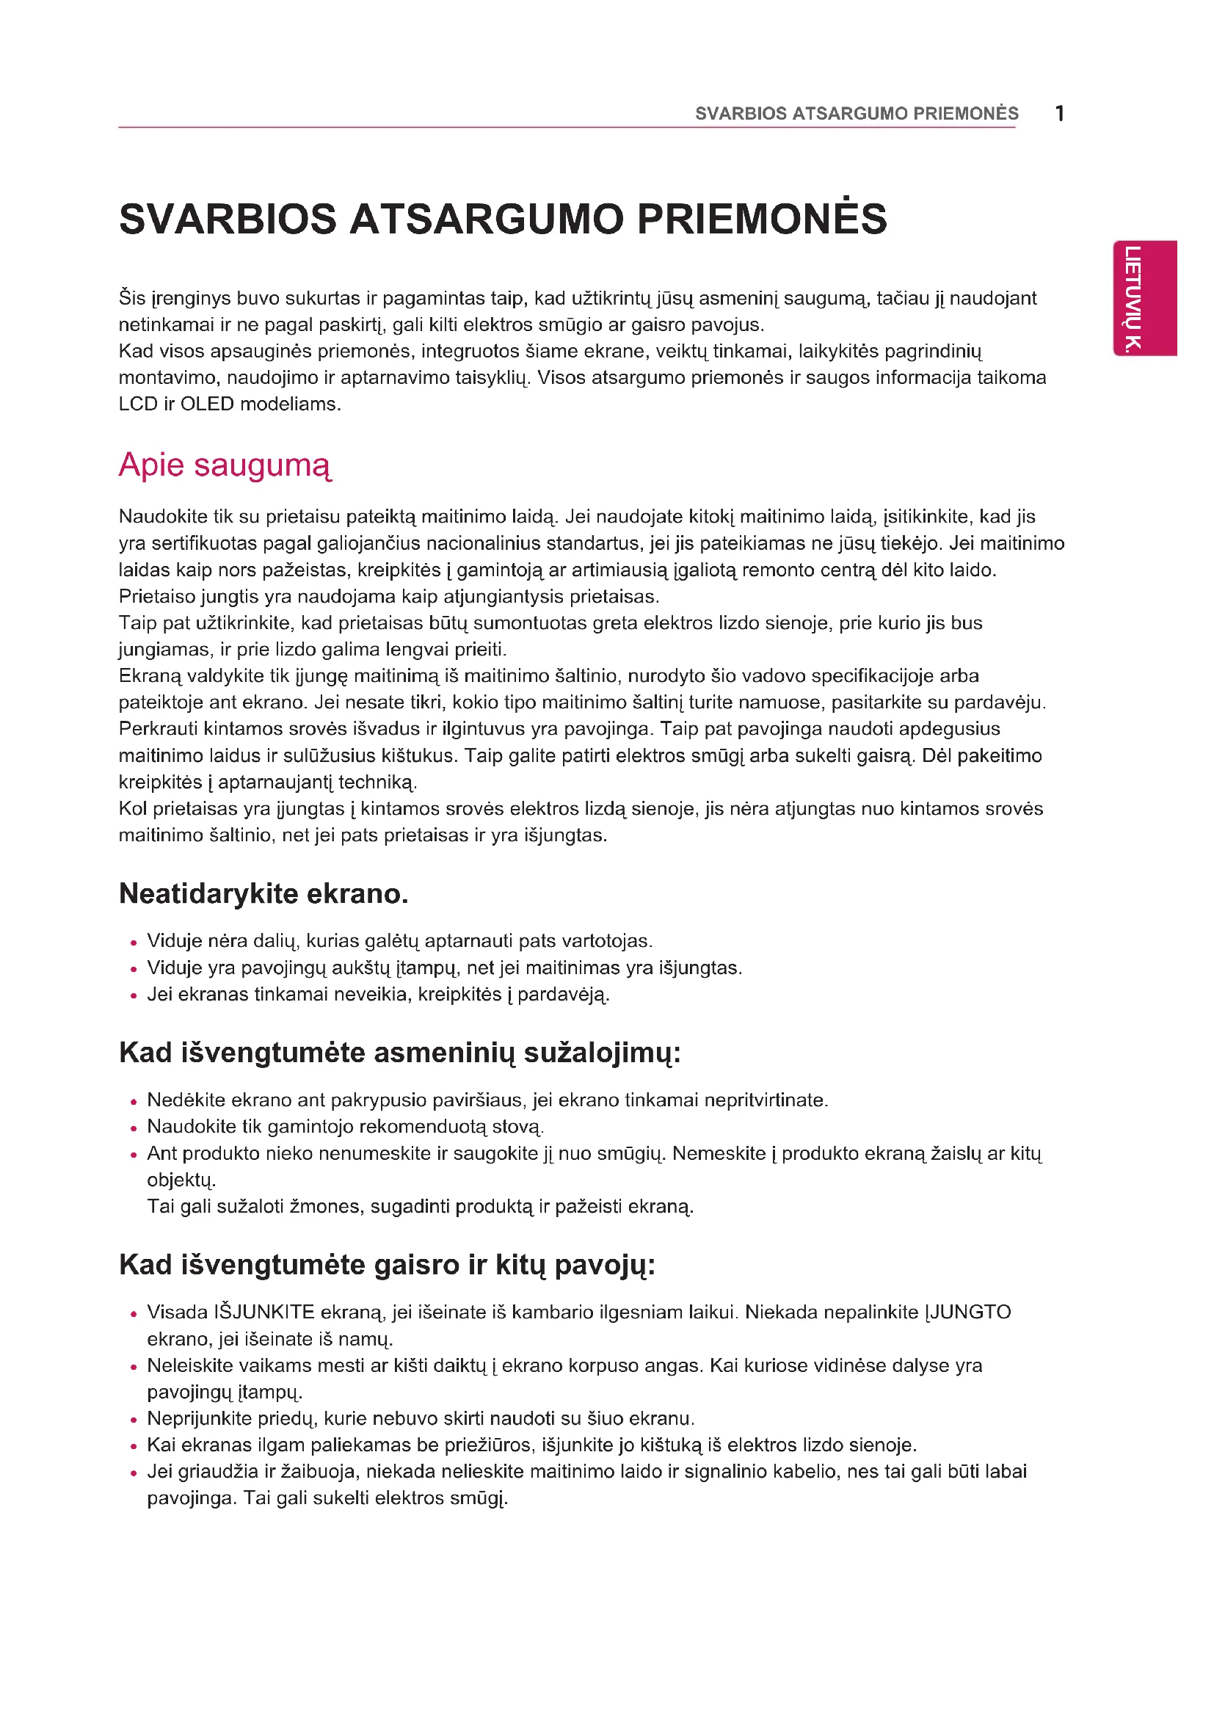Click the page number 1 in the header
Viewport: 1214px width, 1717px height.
(x=1059, y=114)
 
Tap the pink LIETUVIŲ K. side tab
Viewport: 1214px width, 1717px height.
(x=1144, y=297)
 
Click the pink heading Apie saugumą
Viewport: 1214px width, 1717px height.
(x=225, y=465)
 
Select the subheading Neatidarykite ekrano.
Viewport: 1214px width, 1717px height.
(x=263, y=893)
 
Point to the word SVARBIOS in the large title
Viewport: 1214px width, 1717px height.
(x=228, y=219)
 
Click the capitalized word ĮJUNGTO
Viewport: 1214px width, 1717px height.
(x=968, y=1312)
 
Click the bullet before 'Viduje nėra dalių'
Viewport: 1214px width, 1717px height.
(x=134, y=943)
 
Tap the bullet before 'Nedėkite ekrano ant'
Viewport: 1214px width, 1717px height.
(x=134, y=1102)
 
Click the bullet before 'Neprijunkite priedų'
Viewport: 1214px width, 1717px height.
(x=134, y=1420)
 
